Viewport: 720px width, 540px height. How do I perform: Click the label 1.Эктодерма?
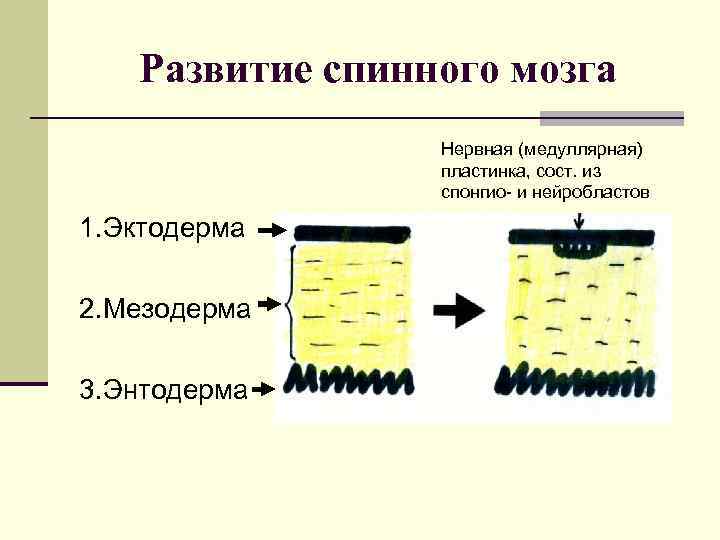[x=163, y=229]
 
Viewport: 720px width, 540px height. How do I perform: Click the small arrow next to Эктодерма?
[x=270, y=231]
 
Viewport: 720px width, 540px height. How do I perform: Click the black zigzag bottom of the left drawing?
[x=351, y=381]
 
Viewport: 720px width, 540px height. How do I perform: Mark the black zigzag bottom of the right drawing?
[x=577, y=379]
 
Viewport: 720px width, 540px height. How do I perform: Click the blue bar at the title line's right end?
[x=611, y=118]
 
